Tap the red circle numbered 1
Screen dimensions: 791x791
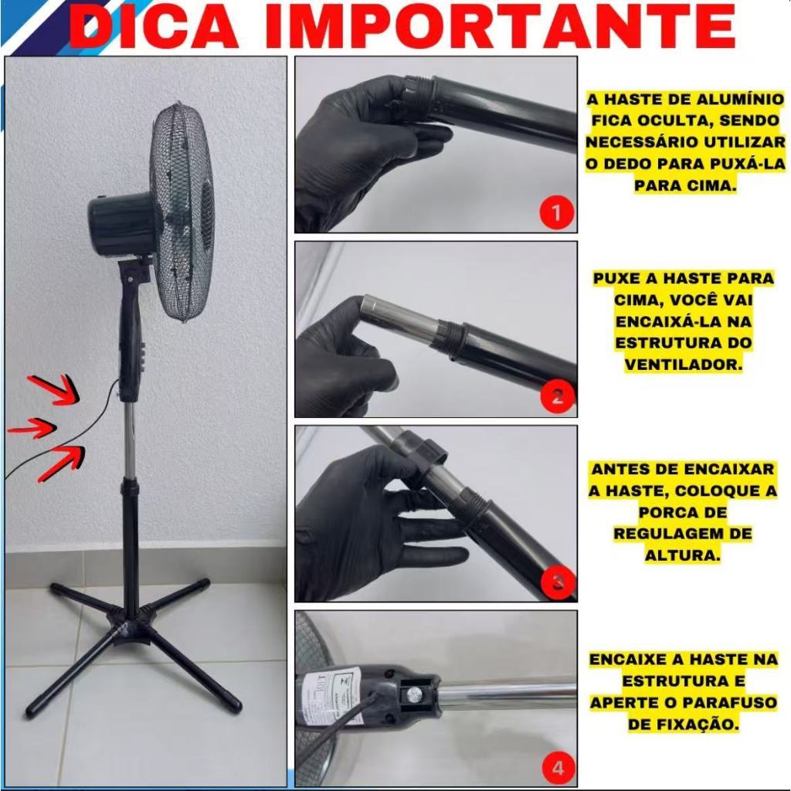click(x=556, y=212)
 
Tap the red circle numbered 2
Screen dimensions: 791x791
click(x=556, y=396)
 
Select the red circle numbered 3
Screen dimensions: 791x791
click(x=556, y=582)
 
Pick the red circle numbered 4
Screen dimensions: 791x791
click(x=558, y=768)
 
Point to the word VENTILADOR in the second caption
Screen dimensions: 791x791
click(x=683, y=364)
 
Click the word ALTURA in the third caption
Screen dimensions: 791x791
click(x=682, y=555)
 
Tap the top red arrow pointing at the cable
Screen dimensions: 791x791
click(x=55, y=389)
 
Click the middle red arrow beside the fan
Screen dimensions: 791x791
click(x=31, y=428)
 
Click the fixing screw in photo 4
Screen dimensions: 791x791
click(x=414, y=695)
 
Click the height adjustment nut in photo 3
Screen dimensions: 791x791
click(x=419, y=449)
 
